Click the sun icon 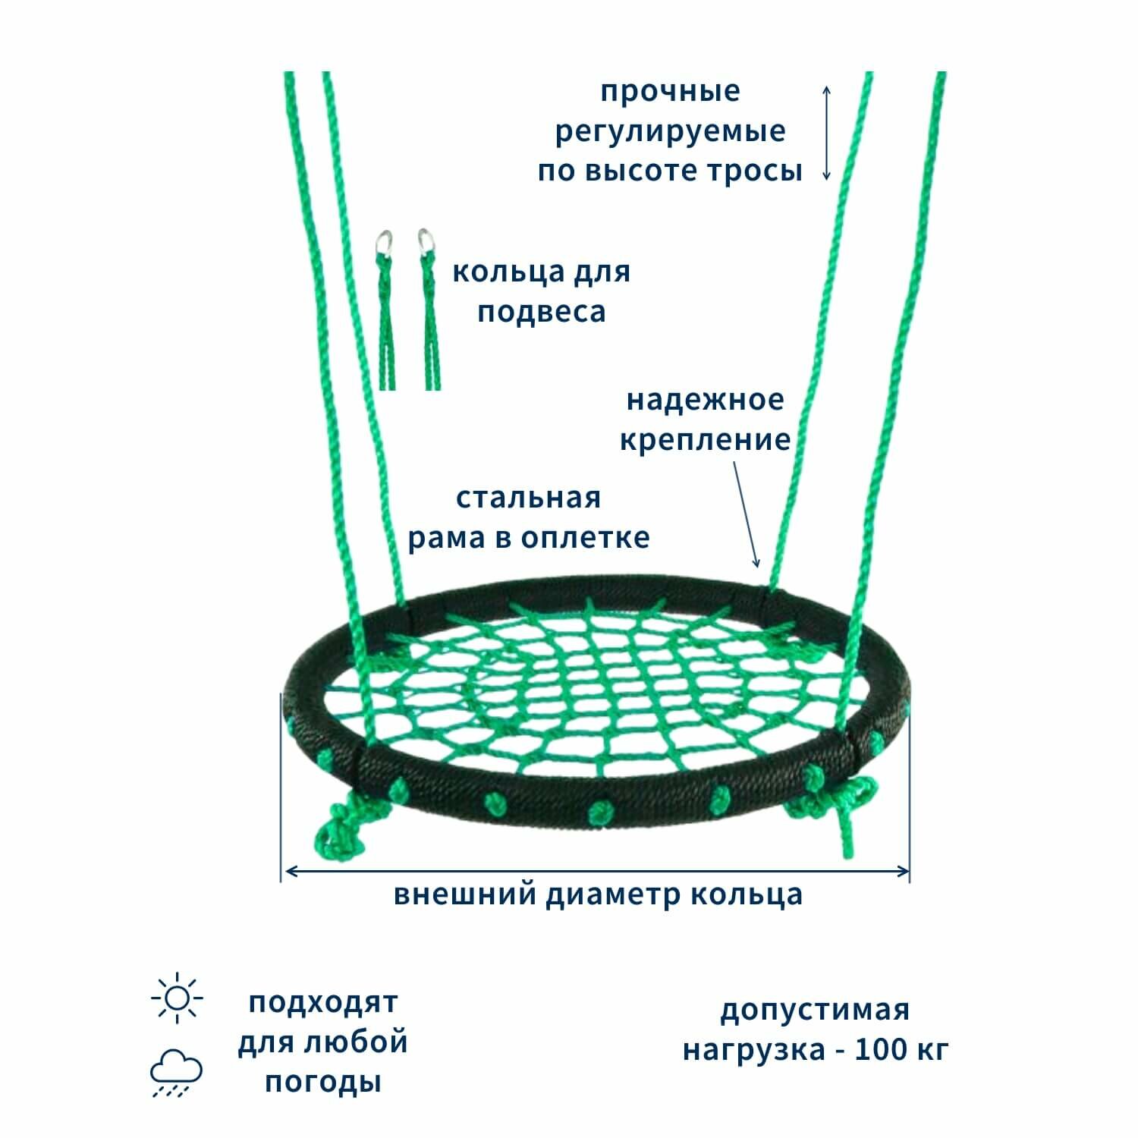[177, 997]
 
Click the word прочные [670, 92]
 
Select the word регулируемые [670, 131]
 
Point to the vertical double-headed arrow [827, 133]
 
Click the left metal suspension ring [385, 244]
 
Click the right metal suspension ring [423, 242]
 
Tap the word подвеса [541, 312]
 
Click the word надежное [705, 400]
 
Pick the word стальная [528, 498]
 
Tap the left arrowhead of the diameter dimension [288, 872]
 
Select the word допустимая [814, 1010]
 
